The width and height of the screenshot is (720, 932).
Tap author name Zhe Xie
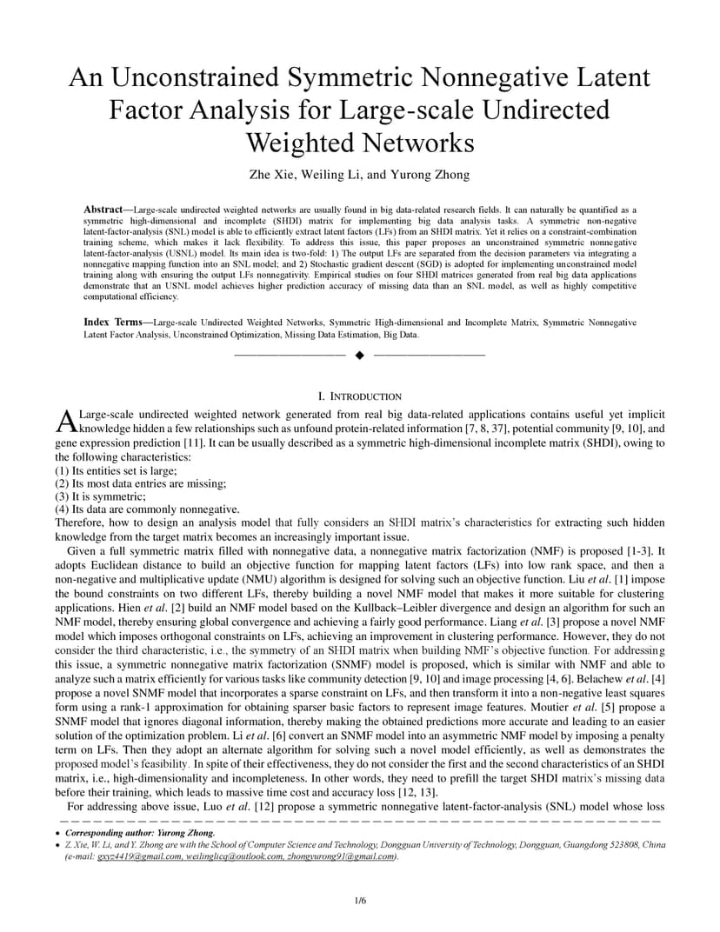click(273, 175)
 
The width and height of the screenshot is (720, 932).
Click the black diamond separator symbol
click(360, 355)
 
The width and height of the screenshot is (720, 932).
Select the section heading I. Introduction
click(360, 396)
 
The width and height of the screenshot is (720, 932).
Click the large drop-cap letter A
click(66, 422)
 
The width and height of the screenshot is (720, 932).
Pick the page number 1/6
click(360, 900)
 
